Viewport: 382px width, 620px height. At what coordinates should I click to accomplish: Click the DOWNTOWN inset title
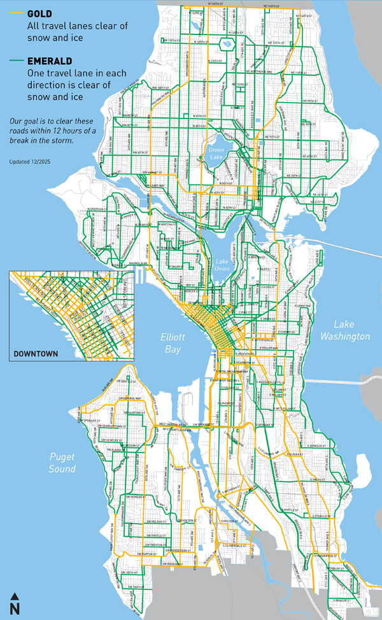pyautogui.click(x=36, y=354)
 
